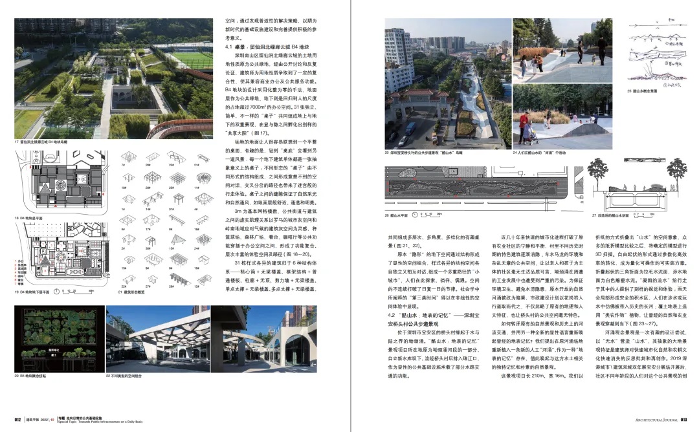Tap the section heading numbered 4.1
click(x=267, y=47)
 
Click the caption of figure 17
click(x=41, y=141)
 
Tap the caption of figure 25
click(x=643, y=91)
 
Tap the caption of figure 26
click(x=399, y=215)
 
